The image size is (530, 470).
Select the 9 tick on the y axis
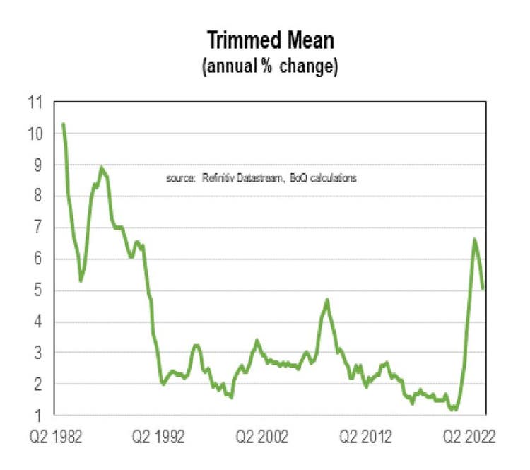tap(41, 165)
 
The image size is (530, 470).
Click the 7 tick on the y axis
tap(41, 228)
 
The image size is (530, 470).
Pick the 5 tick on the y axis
tap(41, 290)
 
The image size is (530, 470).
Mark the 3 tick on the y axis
tap(41, 353)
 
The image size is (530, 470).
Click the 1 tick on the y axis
tap(41, 415)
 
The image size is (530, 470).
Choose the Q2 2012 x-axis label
tap(365, 437)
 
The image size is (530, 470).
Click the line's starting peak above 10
tap(64, 124)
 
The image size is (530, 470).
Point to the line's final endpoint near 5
tap(483, 288)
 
